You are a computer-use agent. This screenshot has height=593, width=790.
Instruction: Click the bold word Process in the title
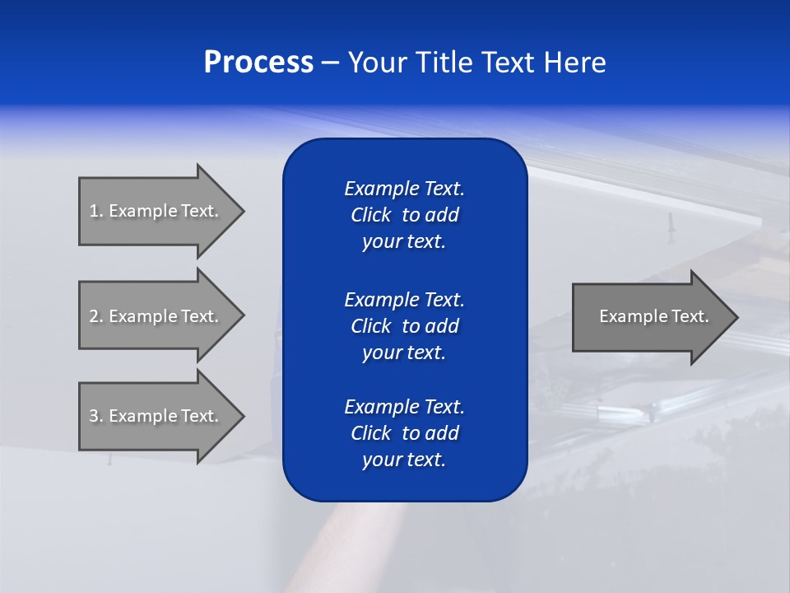(x=258, y=63)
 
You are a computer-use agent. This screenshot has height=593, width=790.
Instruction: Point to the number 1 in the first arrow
(x=95, y=211)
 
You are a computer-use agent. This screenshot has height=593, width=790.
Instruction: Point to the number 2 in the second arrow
(x=95, y=316)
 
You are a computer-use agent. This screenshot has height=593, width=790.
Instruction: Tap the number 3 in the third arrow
(x=95, y=416)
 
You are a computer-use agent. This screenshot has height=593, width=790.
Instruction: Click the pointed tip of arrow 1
(x=240, y=211)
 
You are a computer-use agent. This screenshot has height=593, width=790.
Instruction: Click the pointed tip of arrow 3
(x=240, y=416)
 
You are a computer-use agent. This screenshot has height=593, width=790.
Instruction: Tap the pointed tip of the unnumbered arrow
(x=734, y=316)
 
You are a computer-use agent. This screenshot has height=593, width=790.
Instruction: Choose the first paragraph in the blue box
(x=404, y=215)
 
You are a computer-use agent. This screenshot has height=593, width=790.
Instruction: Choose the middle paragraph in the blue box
(x=404, y=325)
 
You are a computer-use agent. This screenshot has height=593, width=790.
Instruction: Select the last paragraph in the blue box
(x=404, y=433)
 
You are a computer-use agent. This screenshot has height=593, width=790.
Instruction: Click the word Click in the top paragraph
(x=370, y=215)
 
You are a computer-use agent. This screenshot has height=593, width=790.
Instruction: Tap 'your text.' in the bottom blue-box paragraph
(x=404, y=460)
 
